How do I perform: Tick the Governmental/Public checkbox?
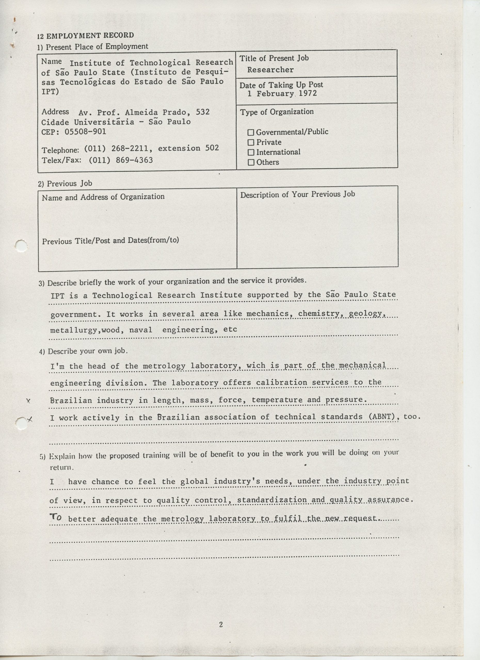[x=251, y=133]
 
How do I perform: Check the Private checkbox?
[x=251, y=143]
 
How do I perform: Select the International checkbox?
[x=251, y=152]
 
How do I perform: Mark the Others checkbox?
[x=251, y=162]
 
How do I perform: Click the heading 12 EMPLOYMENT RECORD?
[x=85, y=36]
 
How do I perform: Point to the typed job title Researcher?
[x=270, y=70]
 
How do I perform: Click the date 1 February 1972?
[x=282, y=94]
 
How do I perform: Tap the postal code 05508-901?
[x=85, y=132]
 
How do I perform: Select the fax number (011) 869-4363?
[x=121, y=160]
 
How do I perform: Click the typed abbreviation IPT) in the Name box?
[x=50, y=91]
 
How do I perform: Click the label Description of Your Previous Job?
[x=297, y=194]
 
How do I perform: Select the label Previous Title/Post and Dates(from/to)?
[x=110, y=241]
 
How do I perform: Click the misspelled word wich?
[x=256, y=366]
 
